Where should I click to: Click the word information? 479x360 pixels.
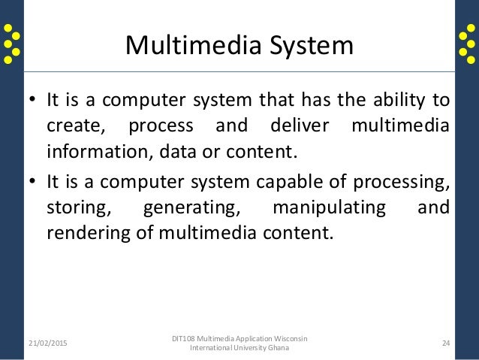(95, 153)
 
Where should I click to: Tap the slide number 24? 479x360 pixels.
(445, 343)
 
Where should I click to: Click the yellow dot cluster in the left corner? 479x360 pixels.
(12, 43)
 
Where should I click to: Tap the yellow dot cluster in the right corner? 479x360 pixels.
(466, 43)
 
